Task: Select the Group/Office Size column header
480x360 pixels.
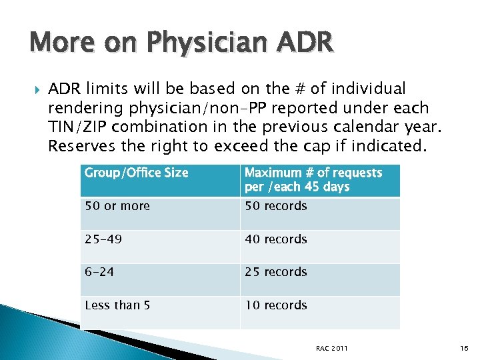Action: coord(136,173)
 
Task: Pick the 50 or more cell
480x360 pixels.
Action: coord(117,206)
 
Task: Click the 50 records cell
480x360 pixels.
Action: coord(275,206)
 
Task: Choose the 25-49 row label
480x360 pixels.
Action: coord(103,239)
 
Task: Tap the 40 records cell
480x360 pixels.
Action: coord(275,239)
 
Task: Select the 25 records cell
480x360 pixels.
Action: coord(275,272)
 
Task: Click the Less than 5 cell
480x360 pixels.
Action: coord(117,305)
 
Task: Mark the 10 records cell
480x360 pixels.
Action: coord(275,305)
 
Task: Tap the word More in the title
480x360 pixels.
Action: coord(55,43)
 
